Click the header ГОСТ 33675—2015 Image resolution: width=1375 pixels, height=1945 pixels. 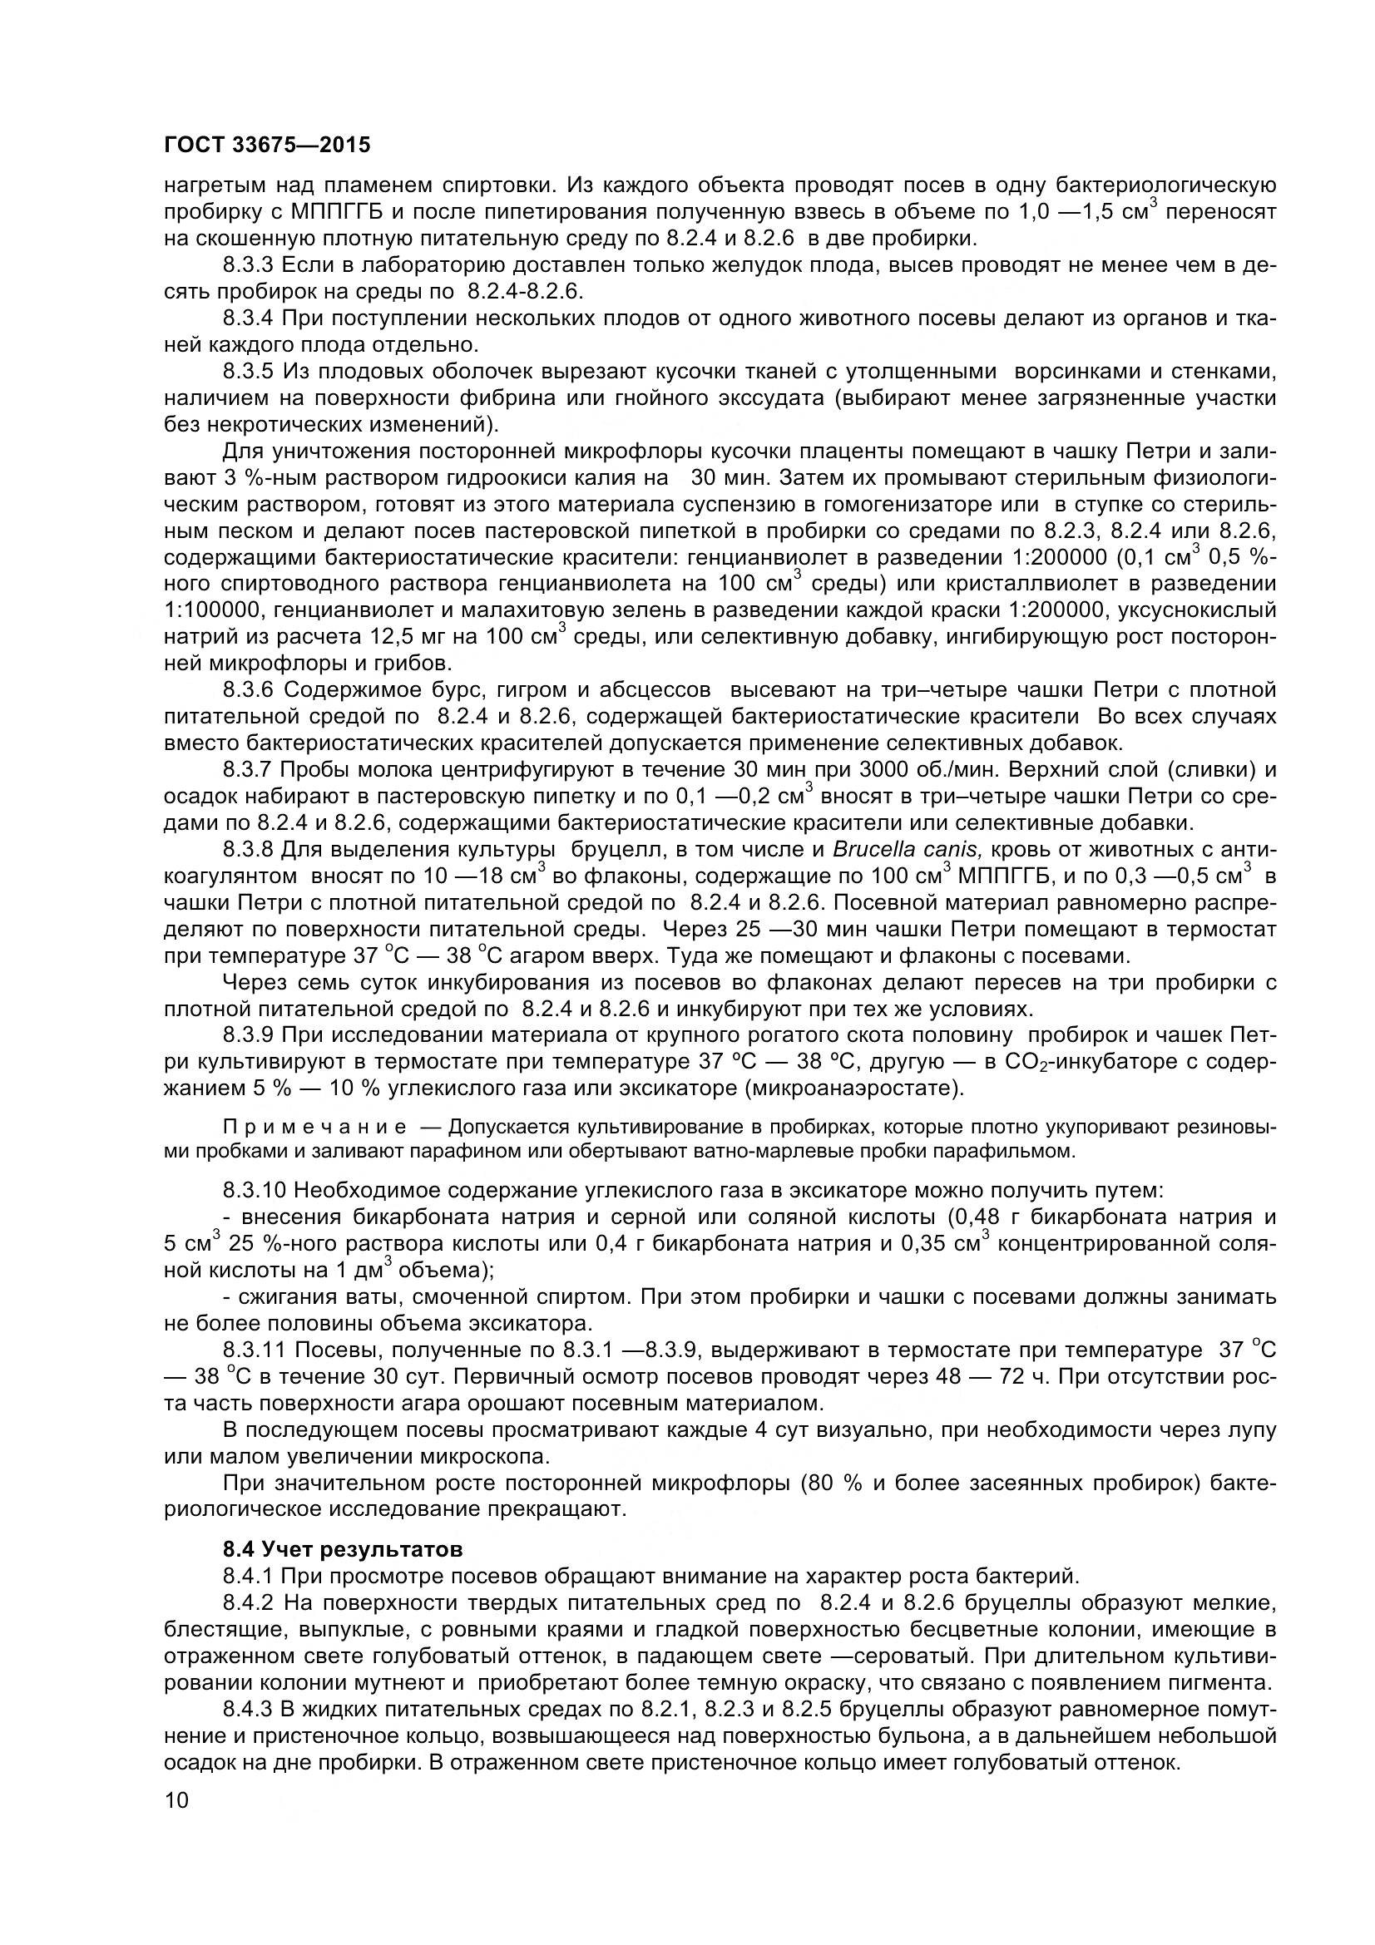(267, 146)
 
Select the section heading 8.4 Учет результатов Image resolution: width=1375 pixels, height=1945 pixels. (343, 1549)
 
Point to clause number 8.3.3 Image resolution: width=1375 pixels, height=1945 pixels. (248, 265)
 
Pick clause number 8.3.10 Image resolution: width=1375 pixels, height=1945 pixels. (255, 1190)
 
